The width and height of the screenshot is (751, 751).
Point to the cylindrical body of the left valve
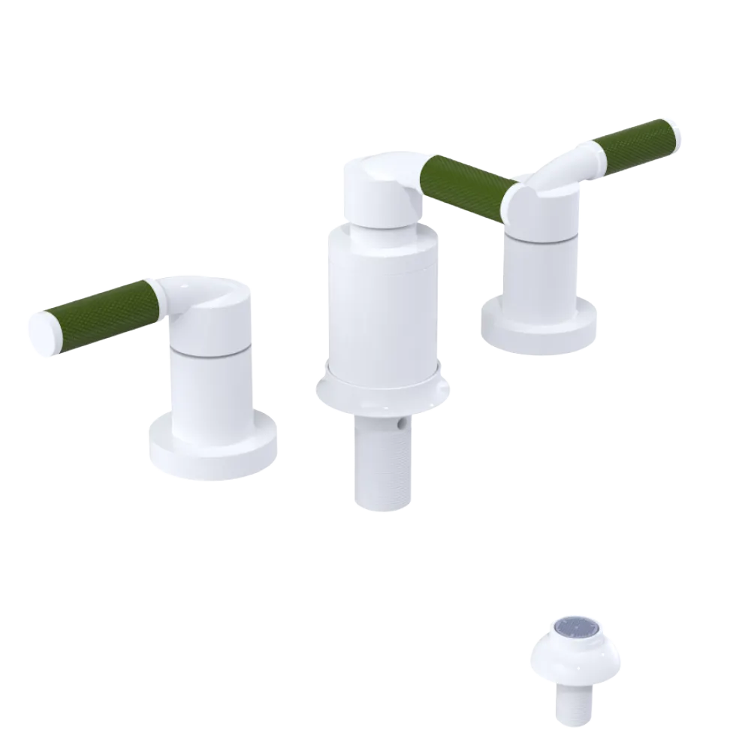207,391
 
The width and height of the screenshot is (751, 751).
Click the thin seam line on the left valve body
207,351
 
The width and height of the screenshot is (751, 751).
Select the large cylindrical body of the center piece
379,308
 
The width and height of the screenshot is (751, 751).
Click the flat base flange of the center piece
383,394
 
